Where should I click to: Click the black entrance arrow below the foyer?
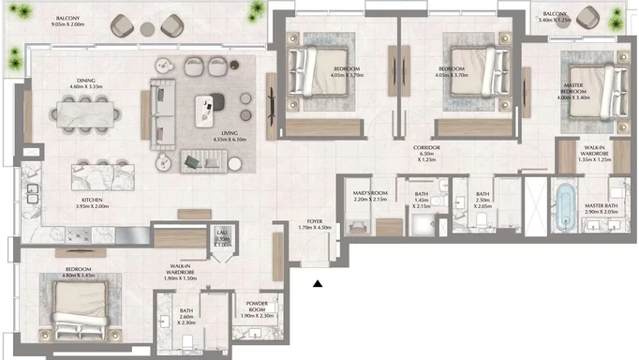point(319,284)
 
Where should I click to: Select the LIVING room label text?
point(229,134)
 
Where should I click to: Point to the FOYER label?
point(308,221)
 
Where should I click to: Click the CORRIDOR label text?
point(428,148)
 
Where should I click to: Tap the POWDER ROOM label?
point(257,304)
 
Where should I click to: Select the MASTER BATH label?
point(601,207)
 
